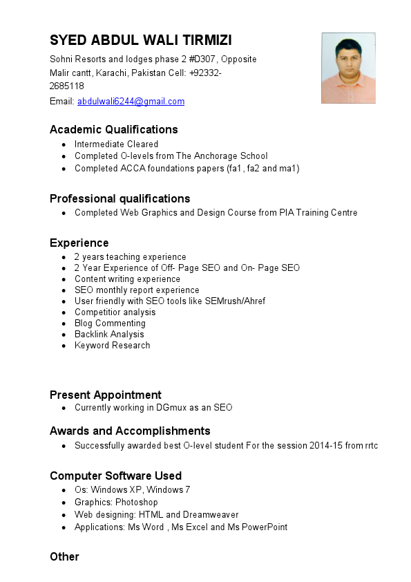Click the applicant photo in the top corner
(348, 68)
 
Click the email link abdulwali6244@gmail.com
(131, 102)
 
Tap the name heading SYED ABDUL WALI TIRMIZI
(141, 39)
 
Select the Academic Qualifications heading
(114, 129)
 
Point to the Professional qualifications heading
(120, 198)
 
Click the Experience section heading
(79, 243)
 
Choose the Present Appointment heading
(106, 395)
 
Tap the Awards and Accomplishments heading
(130, 431)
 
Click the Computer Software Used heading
(116, 476)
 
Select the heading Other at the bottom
(64, 556)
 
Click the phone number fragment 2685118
(67, 86)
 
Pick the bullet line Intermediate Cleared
(117, 144)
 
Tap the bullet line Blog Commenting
(110, 323)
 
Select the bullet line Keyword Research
(113, 346)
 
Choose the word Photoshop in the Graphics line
(137, 503)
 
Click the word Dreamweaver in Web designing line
(211, 515)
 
